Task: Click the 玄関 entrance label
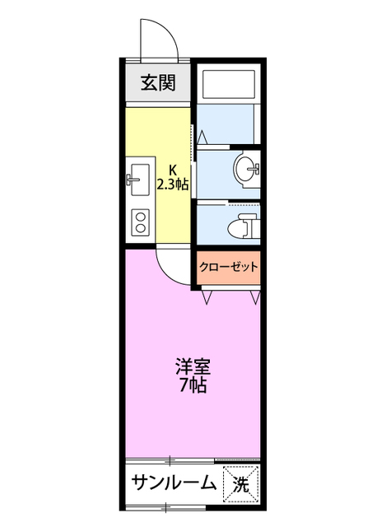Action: pos(157,82)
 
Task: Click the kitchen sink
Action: pos(137,178)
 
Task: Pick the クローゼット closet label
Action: pos(229,267)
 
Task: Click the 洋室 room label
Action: pos(189,365)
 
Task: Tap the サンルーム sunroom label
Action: pos(173,484)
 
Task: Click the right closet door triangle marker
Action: pos(257,296)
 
